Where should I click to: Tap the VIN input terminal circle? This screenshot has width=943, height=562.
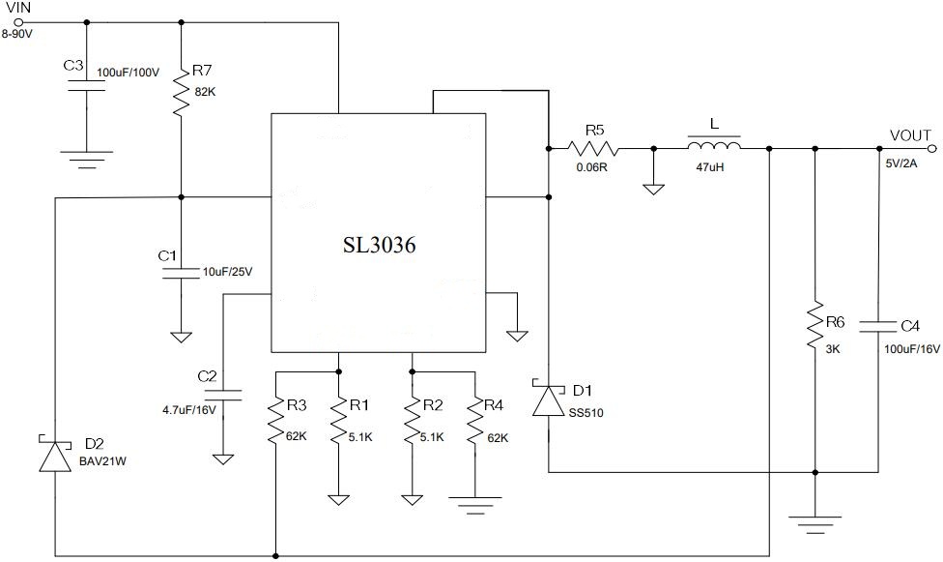pyautogui.click(x=18, y=21)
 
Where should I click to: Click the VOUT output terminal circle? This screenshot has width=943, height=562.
pyautogui.click(x=932, y=149)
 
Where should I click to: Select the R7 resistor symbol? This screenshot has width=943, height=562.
pyautogui.click(x=181, y=92)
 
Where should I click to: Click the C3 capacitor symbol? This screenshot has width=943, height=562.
pyautogui.click(x=87, y=86)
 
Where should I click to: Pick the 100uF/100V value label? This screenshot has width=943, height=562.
pyautogui.click(x=128, y=72)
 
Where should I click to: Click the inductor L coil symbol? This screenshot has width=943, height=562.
pyautogui.click(x=714, y=147)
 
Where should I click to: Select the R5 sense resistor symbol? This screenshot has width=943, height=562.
pyautogui.click(x=592, y=149)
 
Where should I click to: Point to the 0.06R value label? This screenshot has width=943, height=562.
pyautogui.click(x=591, y=166)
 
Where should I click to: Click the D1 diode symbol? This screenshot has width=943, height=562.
pyautogui.click(x=549, y=400)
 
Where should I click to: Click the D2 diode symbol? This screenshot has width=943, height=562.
pyautogui.click(x=55, y=455)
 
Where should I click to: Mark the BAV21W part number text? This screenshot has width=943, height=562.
pyautogui.click(x=101, y=461)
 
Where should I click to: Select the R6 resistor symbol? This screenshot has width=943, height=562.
pyautogui.click(x=815, y=331)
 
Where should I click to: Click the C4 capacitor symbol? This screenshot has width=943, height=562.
pyautogui.click(x=879, y=325)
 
